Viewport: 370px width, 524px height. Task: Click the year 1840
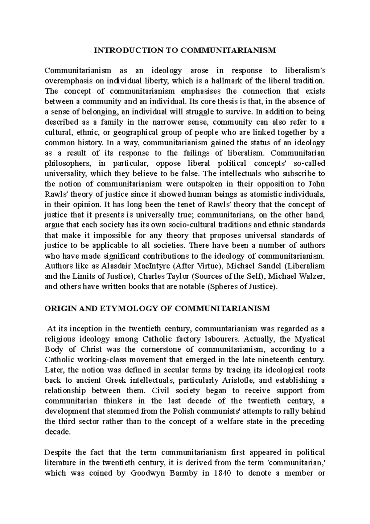point(221,473)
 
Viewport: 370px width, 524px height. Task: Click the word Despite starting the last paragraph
point(58,452)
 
